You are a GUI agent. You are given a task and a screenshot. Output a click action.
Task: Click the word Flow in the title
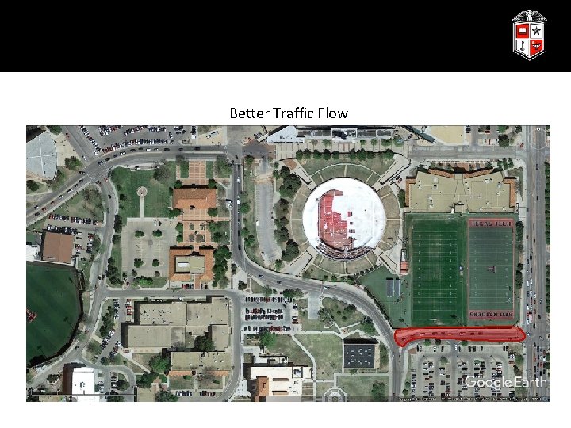click(333, 113)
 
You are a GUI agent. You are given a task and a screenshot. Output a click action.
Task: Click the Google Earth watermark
click(505, 383)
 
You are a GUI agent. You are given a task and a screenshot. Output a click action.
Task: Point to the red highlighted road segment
click(461, 335)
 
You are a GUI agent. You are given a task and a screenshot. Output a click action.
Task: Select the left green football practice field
click(437, 269)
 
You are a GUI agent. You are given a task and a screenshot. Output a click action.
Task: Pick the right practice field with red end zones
click(491, 269)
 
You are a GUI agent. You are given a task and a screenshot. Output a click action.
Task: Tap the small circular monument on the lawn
click(142, 192)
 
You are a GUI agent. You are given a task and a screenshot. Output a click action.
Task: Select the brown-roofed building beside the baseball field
click(58, 247)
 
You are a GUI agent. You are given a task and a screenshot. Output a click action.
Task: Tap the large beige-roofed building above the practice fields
click(460, 190)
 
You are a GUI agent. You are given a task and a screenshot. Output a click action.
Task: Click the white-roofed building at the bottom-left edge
click(82, 383)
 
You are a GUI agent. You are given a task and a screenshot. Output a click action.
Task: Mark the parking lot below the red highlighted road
click(460, 369)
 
